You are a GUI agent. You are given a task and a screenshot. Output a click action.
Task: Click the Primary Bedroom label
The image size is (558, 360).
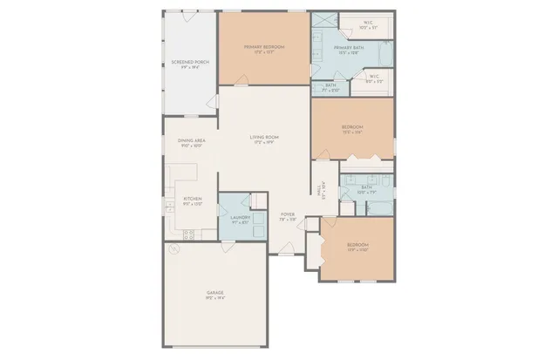click(x=264, y=46)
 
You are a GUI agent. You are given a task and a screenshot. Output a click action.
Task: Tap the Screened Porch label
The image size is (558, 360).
click(x=189, y=62)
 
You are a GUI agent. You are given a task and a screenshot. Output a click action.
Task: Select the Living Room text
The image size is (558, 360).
click(x=264, y=137)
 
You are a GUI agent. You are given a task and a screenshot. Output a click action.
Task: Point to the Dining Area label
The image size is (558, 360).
click(x=191, y=140)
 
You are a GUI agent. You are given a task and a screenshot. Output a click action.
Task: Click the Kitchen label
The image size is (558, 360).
click(x=192, y=199)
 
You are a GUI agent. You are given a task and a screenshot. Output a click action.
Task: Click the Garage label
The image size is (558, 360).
click(x=215, y=292)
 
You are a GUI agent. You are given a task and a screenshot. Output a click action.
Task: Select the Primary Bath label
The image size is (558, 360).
click(x=348, y=47)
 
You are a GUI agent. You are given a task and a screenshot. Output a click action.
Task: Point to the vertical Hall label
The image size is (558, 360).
click(x=323, y=186)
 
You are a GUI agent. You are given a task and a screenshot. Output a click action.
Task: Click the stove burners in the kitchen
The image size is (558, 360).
click(x=188, y=233)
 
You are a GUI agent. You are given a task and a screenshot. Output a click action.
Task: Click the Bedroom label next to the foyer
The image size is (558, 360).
click(x=357, y=245)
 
